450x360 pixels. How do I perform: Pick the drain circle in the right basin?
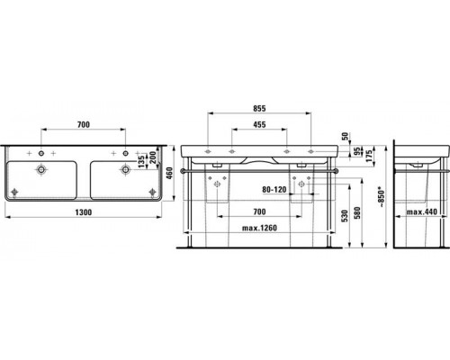125,168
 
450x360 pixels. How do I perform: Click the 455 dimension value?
259,126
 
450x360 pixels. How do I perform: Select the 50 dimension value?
345,137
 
